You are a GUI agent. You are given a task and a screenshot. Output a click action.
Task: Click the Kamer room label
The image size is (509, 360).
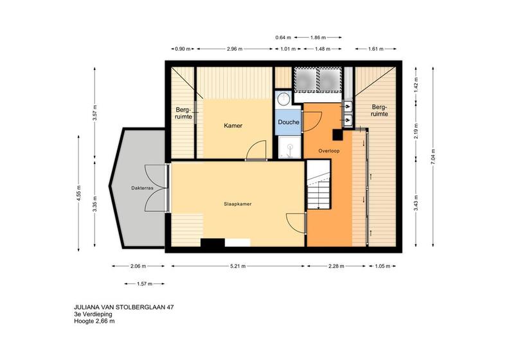pos(233,125)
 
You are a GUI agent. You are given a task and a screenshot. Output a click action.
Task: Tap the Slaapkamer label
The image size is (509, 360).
pos(238,204)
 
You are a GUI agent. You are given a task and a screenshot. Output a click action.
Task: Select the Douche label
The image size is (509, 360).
pos(289,122)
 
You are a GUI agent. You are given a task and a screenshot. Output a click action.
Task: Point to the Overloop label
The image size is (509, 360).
pos(329,151)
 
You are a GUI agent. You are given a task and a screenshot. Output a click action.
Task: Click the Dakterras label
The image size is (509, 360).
pos(142,188)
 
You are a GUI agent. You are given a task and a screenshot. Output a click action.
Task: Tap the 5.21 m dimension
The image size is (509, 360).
pos(238,266)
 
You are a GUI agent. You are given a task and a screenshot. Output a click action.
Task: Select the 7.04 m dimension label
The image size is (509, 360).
pos(433,157)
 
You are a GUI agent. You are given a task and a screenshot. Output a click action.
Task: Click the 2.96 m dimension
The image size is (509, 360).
pos(235,49)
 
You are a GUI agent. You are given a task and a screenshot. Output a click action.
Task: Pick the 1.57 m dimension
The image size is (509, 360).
pos(145,283)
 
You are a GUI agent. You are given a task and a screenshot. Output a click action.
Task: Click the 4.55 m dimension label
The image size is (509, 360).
pos(79,194)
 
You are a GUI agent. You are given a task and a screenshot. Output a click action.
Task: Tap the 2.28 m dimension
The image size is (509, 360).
pos(336,266)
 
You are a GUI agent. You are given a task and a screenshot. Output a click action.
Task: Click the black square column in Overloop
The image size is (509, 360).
pos(338,135)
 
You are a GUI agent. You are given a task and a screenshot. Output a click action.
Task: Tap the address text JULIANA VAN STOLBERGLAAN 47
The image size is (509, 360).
pos(123,307)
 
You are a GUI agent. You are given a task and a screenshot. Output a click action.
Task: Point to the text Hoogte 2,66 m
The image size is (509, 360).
pos(94,321)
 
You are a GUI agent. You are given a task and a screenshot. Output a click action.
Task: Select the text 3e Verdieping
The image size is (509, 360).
pos(93,314)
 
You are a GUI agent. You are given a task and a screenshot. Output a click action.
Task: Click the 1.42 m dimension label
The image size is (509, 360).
pos(416,85)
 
